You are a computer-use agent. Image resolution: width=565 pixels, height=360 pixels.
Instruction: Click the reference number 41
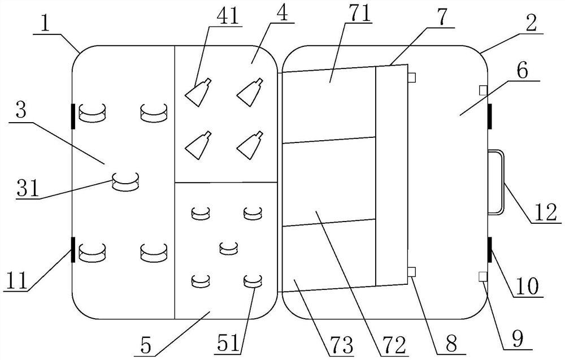(x=225, y=15)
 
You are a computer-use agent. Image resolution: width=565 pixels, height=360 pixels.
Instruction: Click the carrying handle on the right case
(x=497, y=182)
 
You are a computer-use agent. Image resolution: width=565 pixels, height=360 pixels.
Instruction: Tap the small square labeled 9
(x=482, y=276)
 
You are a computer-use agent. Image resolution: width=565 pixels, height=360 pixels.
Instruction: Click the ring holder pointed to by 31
(x=125, y=181)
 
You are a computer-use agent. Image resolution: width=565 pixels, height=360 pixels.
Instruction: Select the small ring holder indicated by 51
(x=253, y=281)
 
